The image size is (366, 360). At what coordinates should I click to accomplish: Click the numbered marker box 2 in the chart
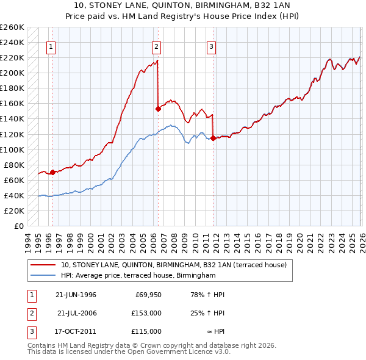tap(156, 46)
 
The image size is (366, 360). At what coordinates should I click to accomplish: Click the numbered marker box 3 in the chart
tap(211, 46)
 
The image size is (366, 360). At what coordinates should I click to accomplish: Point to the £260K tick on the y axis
tap(12, 27)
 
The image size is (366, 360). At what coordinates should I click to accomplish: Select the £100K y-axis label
tap(12, 149)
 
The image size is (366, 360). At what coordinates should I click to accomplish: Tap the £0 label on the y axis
tap(18, 226)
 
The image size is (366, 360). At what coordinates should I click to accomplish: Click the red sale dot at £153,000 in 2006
tap(158, 109)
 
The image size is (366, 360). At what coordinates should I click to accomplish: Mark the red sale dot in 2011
tap(213, 139)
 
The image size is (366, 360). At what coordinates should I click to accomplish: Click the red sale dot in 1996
tap(52, 172)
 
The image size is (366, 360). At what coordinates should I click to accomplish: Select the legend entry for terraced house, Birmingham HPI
tap(138, 276)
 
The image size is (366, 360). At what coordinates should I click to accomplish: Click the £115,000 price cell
tap(146, 331)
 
